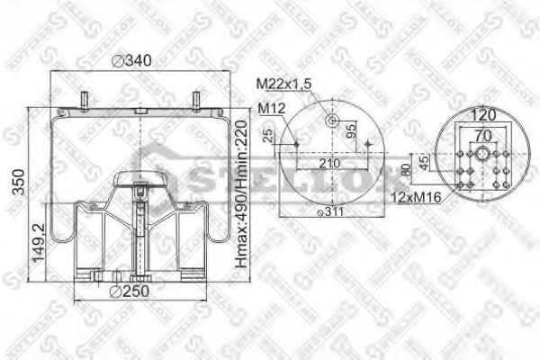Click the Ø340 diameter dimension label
point(131,62)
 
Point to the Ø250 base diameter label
point(129,291)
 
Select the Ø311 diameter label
point(331,212)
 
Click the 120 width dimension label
point(483,115)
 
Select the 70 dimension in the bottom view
point(484,135)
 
